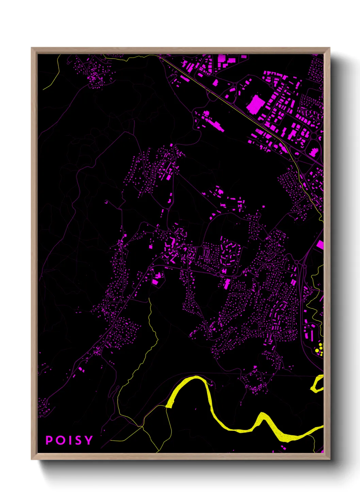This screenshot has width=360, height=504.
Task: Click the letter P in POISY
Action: (x=49, y=440)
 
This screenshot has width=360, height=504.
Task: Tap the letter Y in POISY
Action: (x=88, y=440)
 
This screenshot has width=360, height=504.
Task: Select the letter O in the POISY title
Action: (x=60, y=440)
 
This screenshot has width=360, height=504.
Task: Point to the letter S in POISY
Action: (x=78, y=440)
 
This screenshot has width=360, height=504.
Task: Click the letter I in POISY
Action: (x=69, y=440)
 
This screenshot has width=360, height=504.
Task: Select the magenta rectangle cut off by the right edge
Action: (x=320, y=245)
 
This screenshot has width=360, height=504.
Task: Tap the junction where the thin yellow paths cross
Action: (x=142, y=426)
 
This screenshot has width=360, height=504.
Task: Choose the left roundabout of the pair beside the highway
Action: (x=297, y=262)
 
